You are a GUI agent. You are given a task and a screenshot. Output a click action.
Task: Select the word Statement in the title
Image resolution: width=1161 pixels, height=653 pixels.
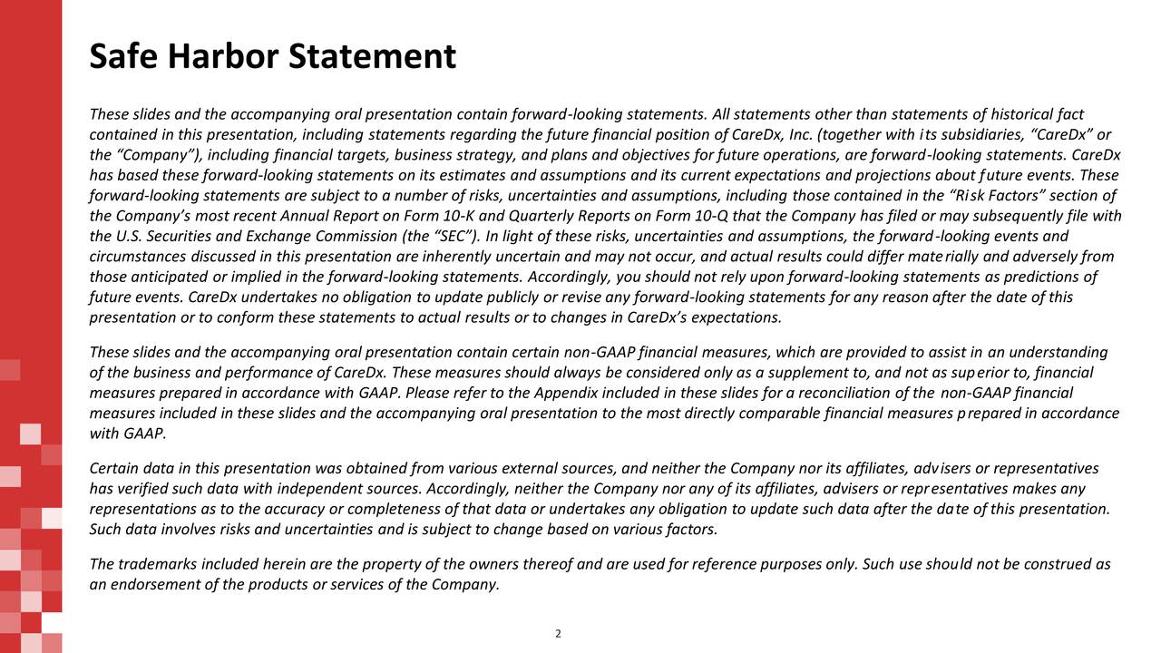click(x=374, y=57)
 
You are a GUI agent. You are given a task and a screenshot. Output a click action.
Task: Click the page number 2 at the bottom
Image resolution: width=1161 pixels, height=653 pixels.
click(x=558, y=634)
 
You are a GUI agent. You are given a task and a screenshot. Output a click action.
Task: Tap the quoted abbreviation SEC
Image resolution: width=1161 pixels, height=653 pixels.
click(x=450, y=237)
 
